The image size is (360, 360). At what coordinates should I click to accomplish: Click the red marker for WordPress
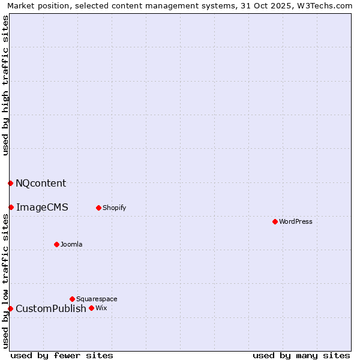coord(275,221)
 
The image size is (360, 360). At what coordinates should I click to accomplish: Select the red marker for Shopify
coord(98,208)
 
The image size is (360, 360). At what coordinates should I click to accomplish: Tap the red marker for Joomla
coord(57,244)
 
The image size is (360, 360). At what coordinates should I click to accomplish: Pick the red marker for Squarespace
coord(72,299)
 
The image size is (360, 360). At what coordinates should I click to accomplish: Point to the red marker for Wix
coord(91,308)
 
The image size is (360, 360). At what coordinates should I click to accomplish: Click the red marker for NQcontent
coord(11,183)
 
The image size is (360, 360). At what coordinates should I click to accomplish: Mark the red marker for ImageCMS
coord(11,207)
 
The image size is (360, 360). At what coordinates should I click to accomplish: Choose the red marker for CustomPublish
coord(10,308)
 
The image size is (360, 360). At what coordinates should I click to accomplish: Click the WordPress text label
coord(296,221)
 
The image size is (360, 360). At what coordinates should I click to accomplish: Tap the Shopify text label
coord(114,208)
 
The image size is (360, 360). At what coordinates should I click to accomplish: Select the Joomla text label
coord(71,244)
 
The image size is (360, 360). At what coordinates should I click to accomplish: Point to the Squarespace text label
coord(97,299)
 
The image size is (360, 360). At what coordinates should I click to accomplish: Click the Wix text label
coord(101,308)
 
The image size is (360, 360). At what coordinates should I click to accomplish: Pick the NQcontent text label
coord(41,183)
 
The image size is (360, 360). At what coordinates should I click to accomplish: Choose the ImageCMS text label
coord(42,207)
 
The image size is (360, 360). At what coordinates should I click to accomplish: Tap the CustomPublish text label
coord(51,308)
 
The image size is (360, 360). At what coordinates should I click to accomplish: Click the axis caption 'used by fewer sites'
coord(62,355)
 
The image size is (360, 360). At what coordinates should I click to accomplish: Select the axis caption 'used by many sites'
coord(301,355)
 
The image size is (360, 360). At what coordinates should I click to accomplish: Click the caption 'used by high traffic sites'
coord(6,85)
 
